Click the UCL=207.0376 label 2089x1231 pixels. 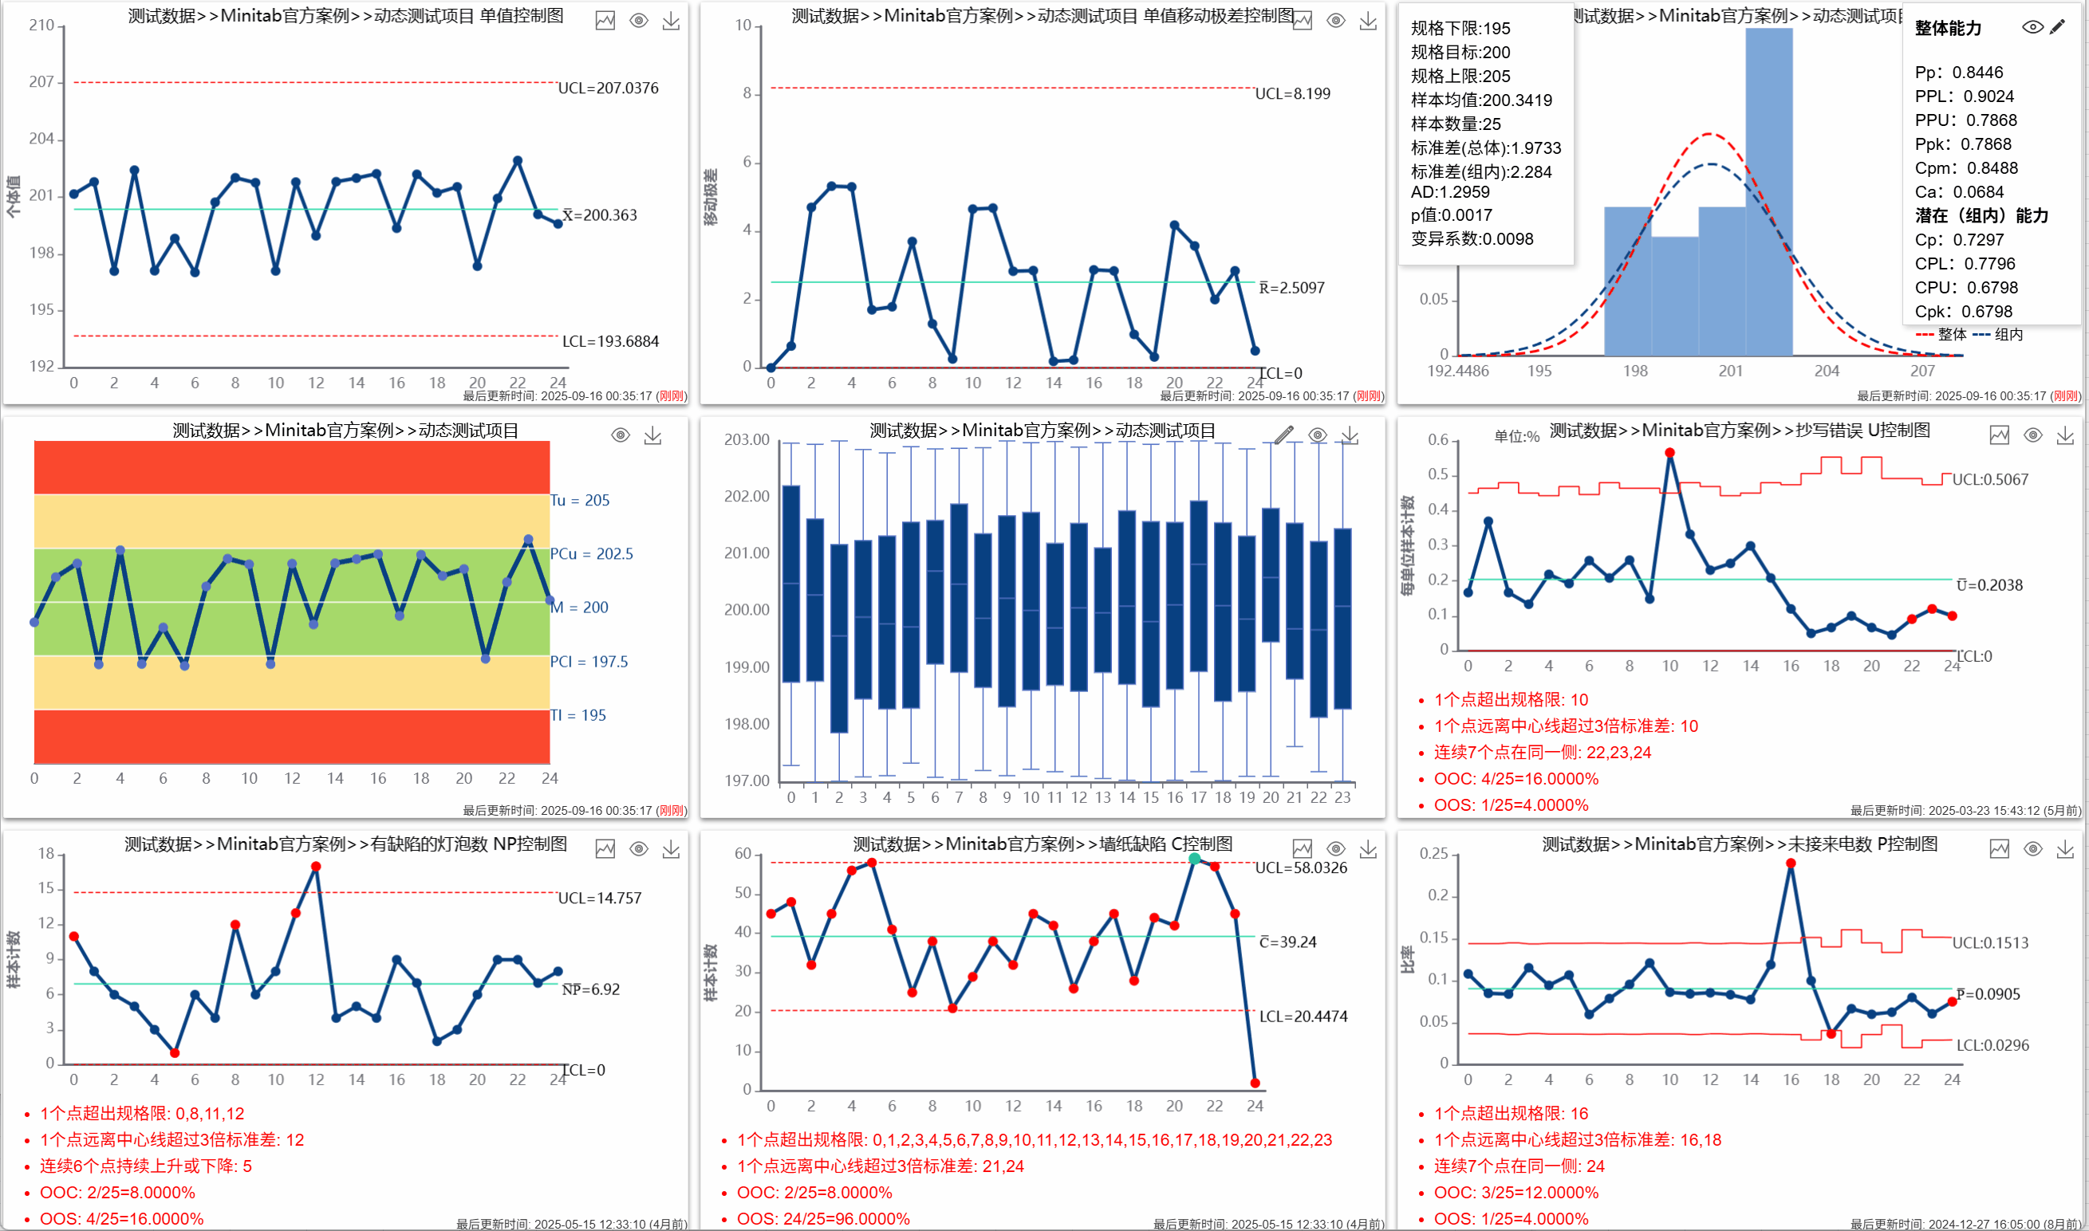point(608,88)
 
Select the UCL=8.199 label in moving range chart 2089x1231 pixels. point(1291,94)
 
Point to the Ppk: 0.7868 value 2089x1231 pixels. point(1963,144)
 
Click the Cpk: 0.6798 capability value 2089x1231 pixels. point(1963,312)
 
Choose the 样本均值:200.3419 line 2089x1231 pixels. point(1481,100)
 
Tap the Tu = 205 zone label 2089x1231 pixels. point(580,500)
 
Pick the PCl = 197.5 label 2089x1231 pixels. point(589,662)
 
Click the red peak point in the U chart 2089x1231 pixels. point(1669,453)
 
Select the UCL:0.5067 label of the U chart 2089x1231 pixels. point(1989,479)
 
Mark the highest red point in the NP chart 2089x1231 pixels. point(316,867)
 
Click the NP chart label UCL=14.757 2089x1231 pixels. point(599,899)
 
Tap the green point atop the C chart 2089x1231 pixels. point(1194,859)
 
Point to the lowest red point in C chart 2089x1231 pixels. point(1255,1084)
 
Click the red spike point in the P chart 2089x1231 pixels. point(1791,863)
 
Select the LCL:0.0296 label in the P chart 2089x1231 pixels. point(1992,1045)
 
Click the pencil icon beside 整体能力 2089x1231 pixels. point(2056,27)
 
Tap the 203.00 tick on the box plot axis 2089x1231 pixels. point(747,439)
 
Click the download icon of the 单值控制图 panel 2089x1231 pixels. point(671,21)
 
